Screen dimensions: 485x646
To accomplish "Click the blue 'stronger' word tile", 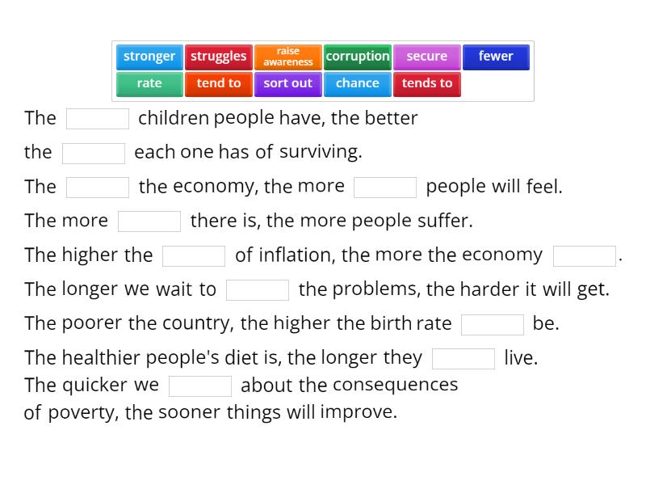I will click(149, 57).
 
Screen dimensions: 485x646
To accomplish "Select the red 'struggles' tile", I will click(219, 57).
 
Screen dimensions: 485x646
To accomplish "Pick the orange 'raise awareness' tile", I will click(288, 57).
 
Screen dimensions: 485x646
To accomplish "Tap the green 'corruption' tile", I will click(358, 57).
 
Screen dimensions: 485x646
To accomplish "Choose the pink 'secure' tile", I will click(427, 57).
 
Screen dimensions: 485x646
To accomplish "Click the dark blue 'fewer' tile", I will click(496, 57).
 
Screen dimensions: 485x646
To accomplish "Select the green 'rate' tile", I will click(149, 84).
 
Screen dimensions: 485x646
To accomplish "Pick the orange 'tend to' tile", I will click(219, 84).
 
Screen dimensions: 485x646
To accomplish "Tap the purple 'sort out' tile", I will click(288, 84).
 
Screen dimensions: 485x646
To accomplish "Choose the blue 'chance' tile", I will click(358, 84).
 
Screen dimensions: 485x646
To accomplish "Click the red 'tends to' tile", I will click(427, 84).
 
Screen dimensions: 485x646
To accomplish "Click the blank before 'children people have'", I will click(98, 119).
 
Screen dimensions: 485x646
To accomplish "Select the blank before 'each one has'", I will click(94, 153).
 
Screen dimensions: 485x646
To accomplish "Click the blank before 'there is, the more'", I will click(149, 221).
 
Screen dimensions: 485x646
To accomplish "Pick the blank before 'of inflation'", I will click(194, 256).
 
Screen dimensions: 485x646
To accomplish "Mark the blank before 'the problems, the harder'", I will click(258, 290).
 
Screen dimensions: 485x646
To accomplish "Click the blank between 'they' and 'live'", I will click(464, 359).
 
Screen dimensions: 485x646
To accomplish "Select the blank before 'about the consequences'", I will click(200, 386).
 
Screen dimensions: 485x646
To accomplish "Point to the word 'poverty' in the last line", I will click(83, 413).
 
